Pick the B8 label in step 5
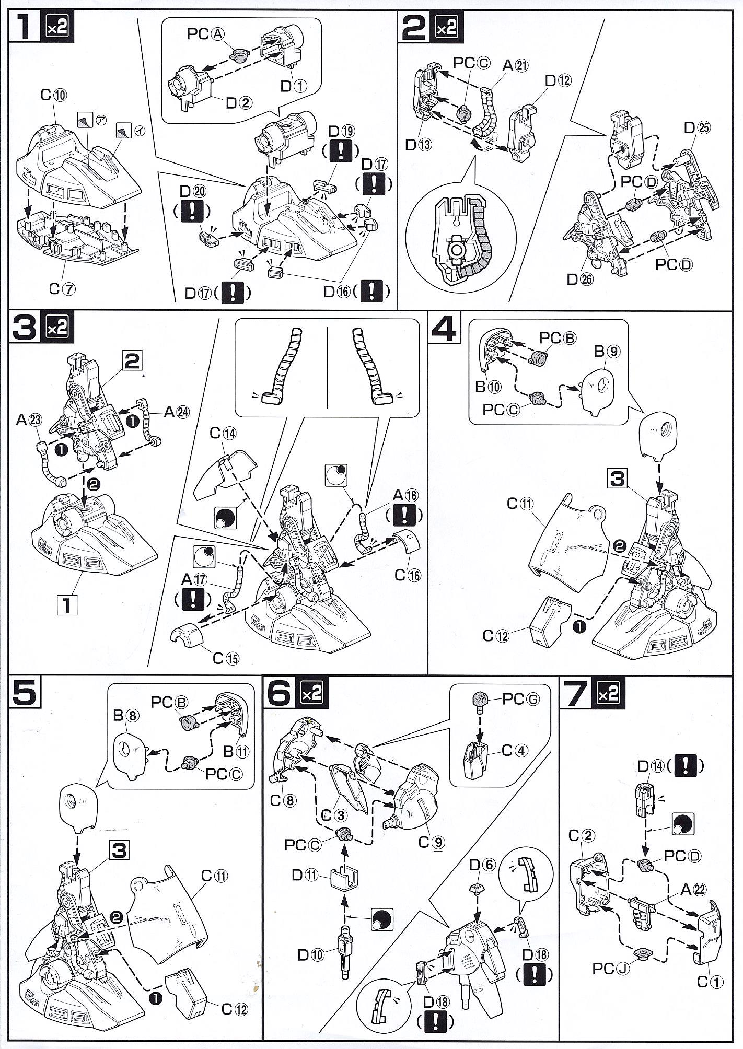click(x=125, y=716)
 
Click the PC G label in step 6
click(x=519, y=698)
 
